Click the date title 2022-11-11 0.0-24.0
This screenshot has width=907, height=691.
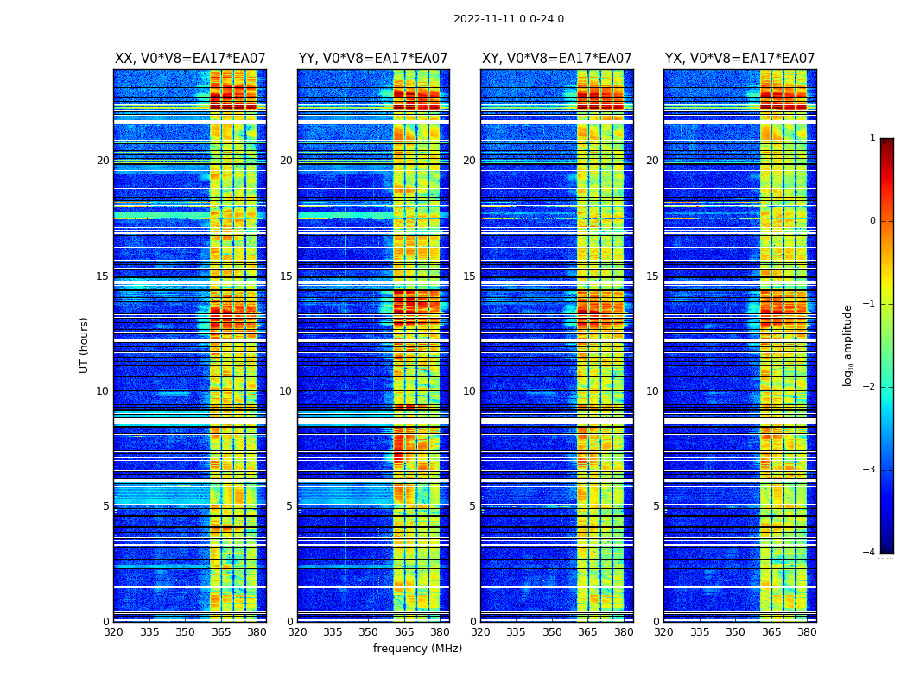[x=508, y=19]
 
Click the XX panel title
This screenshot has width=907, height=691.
[x=190, y=59]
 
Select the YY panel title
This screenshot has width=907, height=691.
[x=373, y=59]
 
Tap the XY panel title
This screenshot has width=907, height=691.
[x=556, y=59]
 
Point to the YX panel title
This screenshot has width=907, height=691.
[x=739, y=59]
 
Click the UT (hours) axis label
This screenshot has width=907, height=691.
[x=85, y=345]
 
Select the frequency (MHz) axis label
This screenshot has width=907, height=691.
[x=417, y=649]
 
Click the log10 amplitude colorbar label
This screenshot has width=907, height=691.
[x=848, y=345]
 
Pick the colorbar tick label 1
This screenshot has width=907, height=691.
[x=872, y=138]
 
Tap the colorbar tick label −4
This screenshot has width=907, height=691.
[x=870, y=553]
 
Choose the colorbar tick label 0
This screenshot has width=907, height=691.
[x=872, y=221]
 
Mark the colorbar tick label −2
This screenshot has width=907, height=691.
[x=870, y=387]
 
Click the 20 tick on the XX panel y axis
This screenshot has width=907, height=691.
[x=103, y=161]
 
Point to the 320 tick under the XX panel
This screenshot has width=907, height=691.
[x=114, y=632]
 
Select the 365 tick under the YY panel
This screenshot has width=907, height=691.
[x=404, y=632]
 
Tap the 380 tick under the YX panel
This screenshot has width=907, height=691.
[x=807, y=632]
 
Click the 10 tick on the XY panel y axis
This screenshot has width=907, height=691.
[x=468, y=391]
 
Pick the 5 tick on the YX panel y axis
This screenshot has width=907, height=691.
[x=656, y=506]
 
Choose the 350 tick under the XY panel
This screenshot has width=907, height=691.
[x=552, y=632]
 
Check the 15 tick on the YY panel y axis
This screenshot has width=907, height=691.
[x=285, y=276]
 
